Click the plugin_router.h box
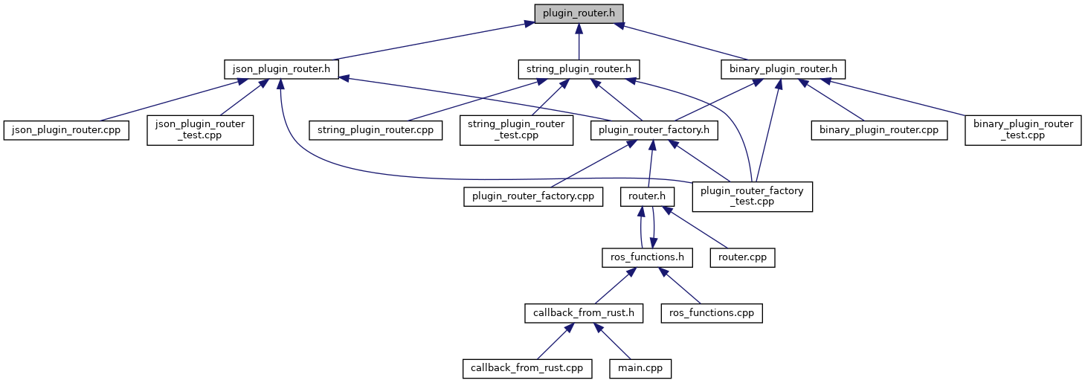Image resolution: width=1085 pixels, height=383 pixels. click(x=579, y=13)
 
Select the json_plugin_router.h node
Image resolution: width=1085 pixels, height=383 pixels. click(x=282, y=69)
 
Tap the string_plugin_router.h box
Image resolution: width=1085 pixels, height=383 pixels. click(x=579, y=69)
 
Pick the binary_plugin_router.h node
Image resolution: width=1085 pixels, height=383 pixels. click(x=783, y=69)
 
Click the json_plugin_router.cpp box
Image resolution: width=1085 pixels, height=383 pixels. click(x=67, y=130)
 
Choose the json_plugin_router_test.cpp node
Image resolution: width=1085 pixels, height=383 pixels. click(x=200, y=129)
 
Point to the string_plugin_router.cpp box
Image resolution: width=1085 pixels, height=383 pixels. click(x=376, y=130)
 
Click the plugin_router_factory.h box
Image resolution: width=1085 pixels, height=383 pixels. click(x=654, y=130)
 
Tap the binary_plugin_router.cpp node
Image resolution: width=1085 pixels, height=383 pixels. click(x=878, y=130)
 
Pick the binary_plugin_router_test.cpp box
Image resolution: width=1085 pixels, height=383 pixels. click(x=1023, y=129)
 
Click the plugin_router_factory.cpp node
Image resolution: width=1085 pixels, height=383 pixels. click(x=532, y=196)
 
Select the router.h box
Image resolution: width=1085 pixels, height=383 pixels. click(x=648, y=196)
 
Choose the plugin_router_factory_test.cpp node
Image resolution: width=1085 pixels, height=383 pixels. click(x=752, y=196)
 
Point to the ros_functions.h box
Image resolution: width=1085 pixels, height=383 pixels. click(x=647, y=257)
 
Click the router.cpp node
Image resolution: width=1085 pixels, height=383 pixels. click(x=743, y=257)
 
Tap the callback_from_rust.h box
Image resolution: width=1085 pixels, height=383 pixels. click(x=583, y=312)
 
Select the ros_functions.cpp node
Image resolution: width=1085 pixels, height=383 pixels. click(x=712, y=312)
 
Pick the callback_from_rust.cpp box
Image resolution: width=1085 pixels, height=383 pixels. click(x=527, y=367)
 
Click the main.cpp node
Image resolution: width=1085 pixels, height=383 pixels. click(x=640, y=367)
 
